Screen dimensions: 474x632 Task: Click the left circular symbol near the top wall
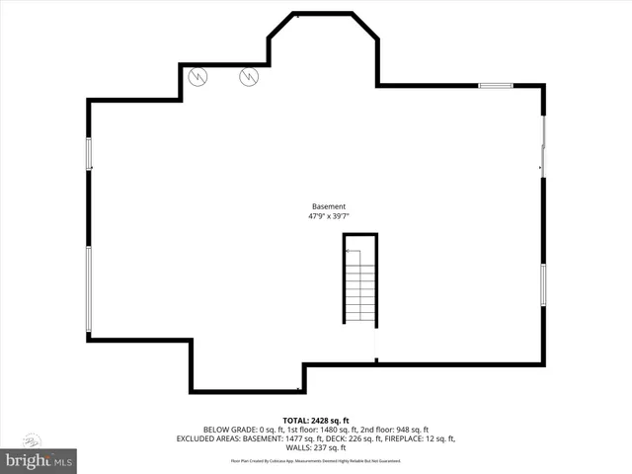[x=197, y=75]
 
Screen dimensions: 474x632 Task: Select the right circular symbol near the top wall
[x=250, y=75]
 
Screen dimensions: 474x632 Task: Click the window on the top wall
[x=496, y=86]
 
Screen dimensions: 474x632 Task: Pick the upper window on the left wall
[x=89, y=153]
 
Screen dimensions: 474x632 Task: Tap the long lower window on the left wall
[x=89, y=288]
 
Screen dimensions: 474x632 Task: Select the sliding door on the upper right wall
[x=542, y=148]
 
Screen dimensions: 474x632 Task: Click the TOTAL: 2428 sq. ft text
[x=316, y=421]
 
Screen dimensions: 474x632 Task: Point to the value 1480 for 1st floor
[x=324, y=430]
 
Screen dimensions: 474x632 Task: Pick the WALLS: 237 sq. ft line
[x=316, y=447]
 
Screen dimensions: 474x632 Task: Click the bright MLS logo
[x=39, y=459]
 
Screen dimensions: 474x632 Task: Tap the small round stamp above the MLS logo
[x=31, y=439]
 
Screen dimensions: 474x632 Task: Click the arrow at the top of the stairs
[x=352, y=253]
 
